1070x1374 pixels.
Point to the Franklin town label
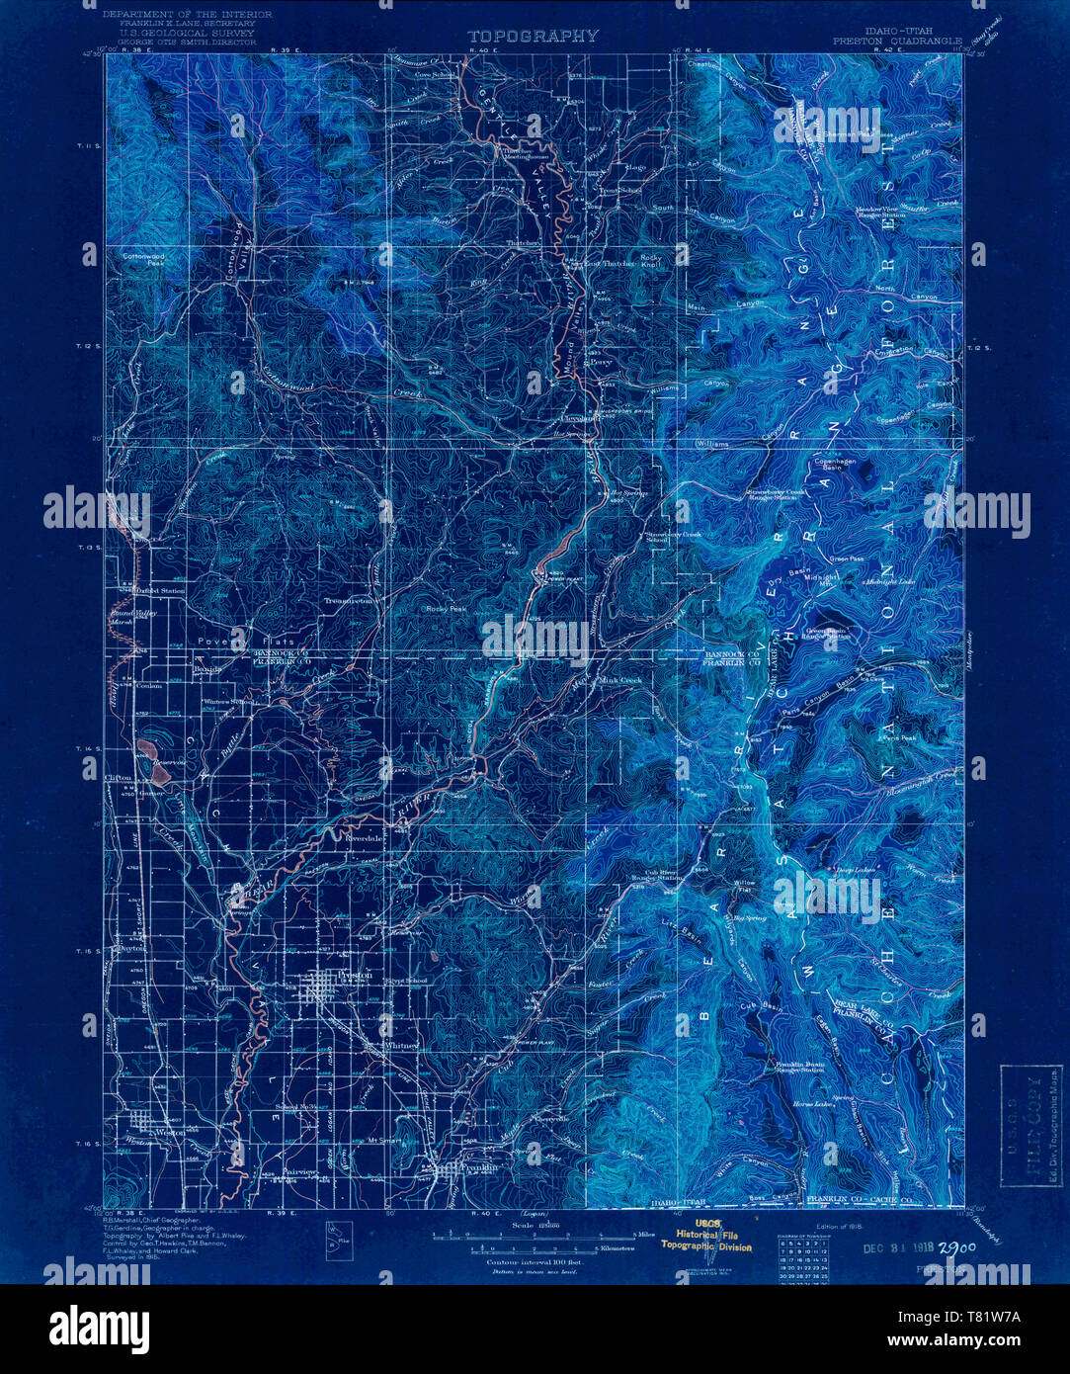[x=479, y=1167]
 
